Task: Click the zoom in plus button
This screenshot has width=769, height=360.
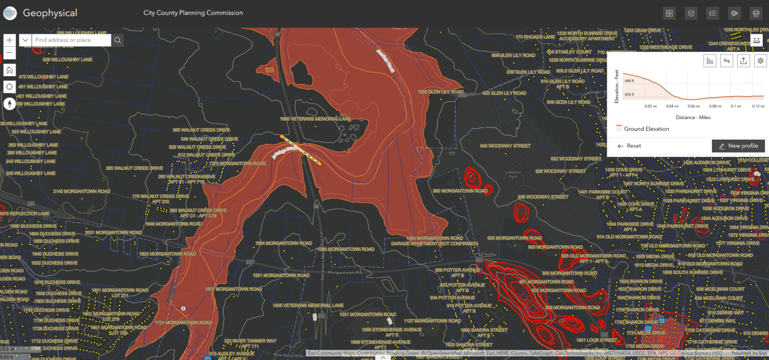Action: click(10, 40)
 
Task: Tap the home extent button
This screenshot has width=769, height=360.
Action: click(10, 70)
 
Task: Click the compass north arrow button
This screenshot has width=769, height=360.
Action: click(10, 104)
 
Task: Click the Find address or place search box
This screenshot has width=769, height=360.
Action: click(71, 40)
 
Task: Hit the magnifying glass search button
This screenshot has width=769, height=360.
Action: click(118, 40)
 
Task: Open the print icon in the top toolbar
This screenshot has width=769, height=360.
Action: click(755, 14)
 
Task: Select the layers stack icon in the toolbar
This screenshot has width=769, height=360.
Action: click(691, 14)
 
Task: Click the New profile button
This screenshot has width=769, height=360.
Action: click(738, 146)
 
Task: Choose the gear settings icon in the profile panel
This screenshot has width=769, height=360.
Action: click(760, 61)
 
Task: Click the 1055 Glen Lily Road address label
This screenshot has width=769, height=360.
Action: click(441, 92)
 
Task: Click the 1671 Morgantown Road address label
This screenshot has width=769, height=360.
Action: click(233, 289)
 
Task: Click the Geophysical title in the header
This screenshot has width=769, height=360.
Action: click(50, 14)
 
